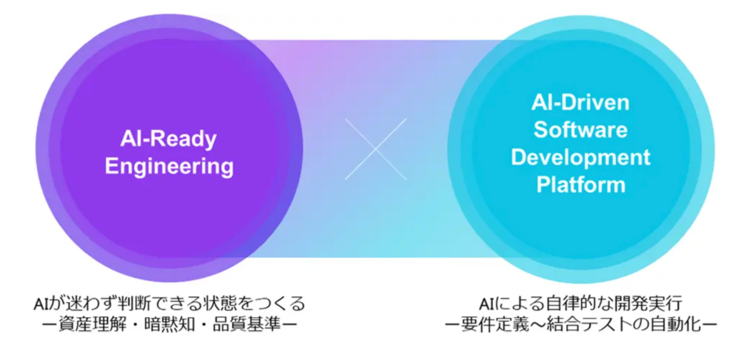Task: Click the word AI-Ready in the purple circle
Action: pos(169,139)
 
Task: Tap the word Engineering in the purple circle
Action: pos(169,167)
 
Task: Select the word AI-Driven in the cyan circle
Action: pos(580,103)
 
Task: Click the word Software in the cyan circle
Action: pos(580,130)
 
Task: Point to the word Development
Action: pos(580,157)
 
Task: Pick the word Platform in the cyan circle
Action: pos(580,184)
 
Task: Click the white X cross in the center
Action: pos(375,149)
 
